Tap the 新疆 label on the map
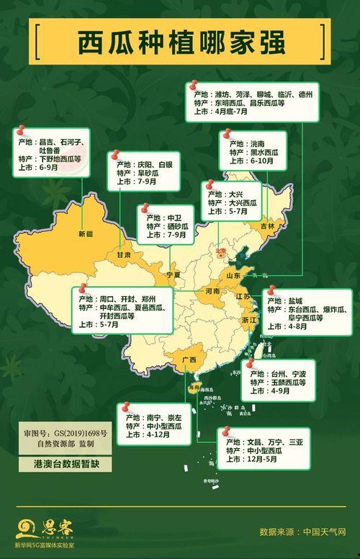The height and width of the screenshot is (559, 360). tap(86, 233)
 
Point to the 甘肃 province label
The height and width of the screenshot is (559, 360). tap(125, 254)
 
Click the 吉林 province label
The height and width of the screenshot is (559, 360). tap(268, 225)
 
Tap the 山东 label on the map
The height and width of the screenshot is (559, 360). tap(234, 275)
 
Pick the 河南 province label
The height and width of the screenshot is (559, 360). tap(212, 292)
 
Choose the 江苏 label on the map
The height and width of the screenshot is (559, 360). tap(243, 296)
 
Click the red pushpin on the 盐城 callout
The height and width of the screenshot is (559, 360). tap(271, 290)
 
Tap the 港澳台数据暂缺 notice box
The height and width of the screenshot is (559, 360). tap(65, 464)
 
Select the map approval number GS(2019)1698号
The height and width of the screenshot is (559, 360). tap(79, 434)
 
